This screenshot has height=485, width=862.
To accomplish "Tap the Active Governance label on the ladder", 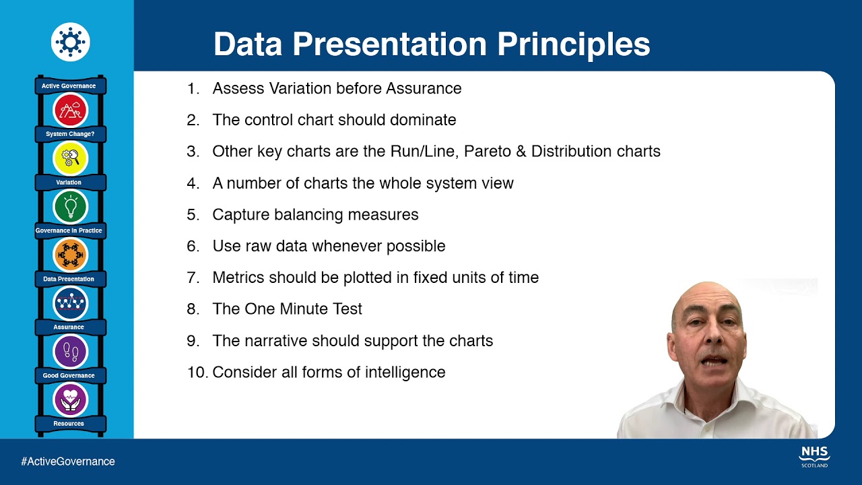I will pos(69,86).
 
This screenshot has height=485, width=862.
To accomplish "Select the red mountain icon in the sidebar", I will pos(70,110).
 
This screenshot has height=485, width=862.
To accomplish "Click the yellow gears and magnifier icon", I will pos(70,158).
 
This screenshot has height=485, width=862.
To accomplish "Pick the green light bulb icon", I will pos(70,206).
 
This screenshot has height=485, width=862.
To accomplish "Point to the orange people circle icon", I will pos(70,255).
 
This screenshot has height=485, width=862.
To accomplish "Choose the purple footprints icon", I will pos(70,351).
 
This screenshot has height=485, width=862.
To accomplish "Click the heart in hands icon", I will pos(70,399).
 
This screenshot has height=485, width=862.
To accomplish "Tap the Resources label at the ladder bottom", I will pos(69,424).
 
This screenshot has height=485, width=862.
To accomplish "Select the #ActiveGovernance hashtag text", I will pos(68,461).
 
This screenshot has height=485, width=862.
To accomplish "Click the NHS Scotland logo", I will pos(814,455).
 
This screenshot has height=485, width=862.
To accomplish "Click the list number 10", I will pos(197,373).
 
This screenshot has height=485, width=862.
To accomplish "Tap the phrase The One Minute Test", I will pos(287,309).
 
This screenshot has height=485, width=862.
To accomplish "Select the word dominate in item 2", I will pos(423,120).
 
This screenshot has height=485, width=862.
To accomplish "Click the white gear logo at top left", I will pos(70,42).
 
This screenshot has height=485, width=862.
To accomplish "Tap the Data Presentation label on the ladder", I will pos(69,279).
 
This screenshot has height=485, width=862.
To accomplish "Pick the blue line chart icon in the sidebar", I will pos(70,302).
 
